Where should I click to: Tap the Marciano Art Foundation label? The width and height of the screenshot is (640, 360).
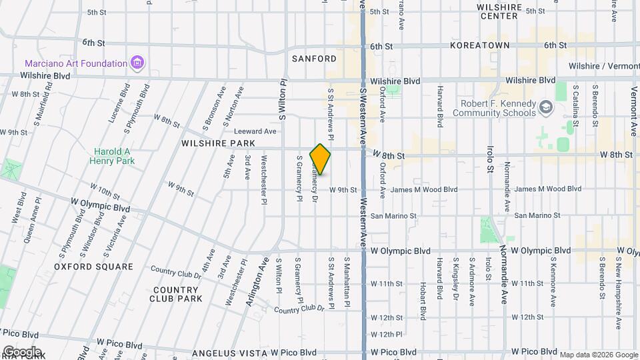coord(76,63)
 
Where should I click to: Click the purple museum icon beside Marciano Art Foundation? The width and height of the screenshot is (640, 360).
coord(138,64)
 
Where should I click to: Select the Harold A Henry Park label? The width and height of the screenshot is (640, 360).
coord(114,155)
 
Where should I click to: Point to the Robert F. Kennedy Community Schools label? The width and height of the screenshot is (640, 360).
coord(493,108)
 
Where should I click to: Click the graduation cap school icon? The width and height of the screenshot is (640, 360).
coord(546,107)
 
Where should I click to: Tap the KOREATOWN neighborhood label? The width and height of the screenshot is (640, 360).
coord(479,45)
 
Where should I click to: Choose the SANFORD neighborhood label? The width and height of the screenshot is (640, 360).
coord(314,59)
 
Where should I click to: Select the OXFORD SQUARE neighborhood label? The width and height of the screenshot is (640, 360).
coord(94,267)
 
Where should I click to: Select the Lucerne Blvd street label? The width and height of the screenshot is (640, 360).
coord(121,103)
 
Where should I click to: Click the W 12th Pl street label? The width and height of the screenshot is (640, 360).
coord(387,334)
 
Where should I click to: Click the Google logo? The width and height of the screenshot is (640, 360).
coord(22,351)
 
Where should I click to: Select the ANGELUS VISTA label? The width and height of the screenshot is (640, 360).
coord(229,352)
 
